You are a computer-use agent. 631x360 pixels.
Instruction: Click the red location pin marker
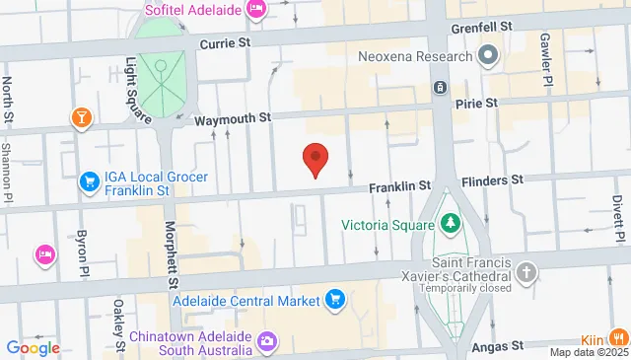[315, 158]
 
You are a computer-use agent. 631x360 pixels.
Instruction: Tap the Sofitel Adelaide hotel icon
[256, 10]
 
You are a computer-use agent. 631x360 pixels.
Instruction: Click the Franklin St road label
[400, 185]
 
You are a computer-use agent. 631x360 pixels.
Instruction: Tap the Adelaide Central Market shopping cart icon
[335, 299]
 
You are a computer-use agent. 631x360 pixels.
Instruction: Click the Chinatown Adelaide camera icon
[266, 341]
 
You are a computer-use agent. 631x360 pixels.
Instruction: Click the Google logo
[33, 347]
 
